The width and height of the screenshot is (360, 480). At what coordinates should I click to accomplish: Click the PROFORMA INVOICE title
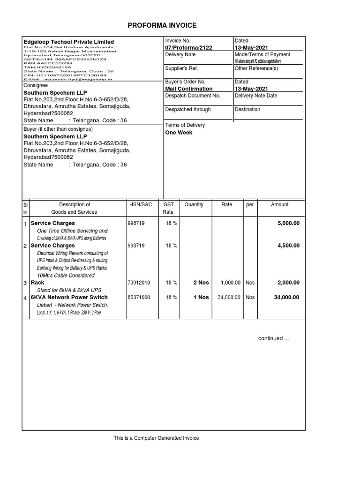click(x=163, y=25)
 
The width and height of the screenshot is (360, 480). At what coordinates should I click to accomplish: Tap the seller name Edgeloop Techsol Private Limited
click(x=69, y=42)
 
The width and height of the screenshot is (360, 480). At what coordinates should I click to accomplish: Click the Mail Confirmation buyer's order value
click(x=189, y=89)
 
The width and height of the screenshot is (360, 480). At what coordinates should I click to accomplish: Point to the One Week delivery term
click(x=179, y=133)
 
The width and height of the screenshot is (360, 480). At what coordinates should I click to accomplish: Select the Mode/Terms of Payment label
click(x=262, y=55)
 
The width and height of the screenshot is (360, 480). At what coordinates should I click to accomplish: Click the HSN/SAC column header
click(x=141, y=205)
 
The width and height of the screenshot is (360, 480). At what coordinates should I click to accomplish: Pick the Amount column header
click(x=280, y=205)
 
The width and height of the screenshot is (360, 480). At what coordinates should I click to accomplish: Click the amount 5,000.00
click(x=288, y=223)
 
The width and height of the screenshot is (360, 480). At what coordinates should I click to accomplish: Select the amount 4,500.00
click(x=288, y=246)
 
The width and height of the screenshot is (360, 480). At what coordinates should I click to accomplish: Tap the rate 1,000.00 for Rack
click(x=229, y=283)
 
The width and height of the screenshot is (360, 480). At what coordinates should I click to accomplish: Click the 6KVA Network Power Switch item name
click(x=69, y=297)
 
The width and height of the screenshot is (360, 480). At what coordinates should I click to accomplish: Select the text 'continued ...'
click(x=274, y=338)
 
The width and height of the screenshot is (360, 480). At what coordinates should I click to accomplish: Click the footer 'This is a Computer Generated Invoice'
click(x=156, y=438)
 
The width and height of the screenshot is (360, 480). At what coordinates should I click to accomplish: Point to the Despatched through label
click(x=188, y=109)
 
